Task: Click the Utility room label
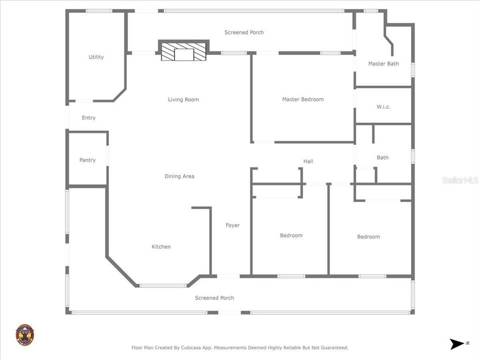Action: pos(96,57)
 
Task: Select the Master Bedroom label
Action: pos(302,99)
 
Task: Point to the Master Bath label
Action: pos(383,63)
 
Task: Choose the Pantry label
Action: pos(87,160)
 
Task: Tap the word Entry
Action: pos(88,118)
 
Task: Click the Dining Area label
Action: pos(179,176)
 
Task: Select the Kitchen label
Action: pos(161,246)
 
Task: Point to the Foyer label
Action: pos(232,225)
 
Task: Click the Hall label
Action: pos(308,161)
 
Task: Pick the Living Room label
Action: pos(183,99)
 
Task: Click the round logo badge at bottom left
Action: pos(24,334)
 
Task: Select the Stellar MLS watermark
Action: pos(460,180)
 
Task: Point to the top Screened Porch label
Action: pos(244,32)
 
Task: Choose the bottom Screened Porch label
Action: pos(214,298)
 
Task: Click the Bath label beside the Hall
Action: pos(382,157)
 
